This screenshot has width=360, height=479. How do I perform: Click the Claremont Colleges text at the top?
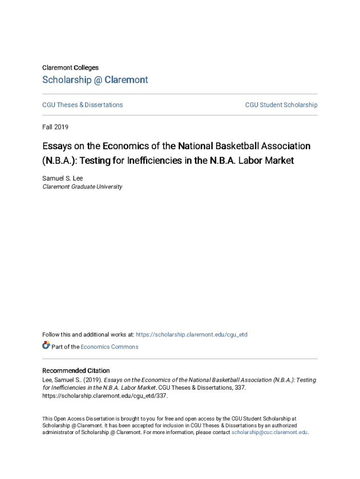70,68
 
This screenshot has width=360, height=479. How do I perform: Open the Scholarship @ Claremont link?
95,80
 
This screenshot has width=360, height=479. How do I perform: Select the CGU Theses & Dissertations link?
82,105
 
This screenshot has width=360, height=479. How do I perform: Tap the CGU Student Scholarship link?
281,105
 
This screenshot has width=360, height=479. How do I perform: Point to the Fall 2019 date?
55,127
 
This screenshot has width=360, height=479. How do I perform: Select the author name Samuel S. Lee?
62,178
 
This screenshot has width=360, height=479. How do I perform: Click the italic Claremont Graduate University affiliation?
82,187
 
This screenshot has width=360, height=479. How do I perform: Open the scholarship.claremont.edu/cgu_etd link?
191,334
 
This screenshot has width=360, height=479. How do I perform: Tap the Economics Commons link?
109,347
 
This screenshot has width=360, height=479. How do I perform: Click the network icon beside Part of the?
46,346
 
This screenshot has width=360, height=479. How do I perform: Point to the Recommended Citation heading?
76,370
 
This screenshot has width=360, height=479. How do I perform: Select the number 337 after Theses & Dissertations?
239,388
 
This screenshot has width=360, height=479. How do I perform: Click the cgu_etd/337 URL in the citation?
104,395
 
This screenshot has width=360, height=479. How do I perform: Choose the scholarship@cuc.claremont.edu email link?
269,433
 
